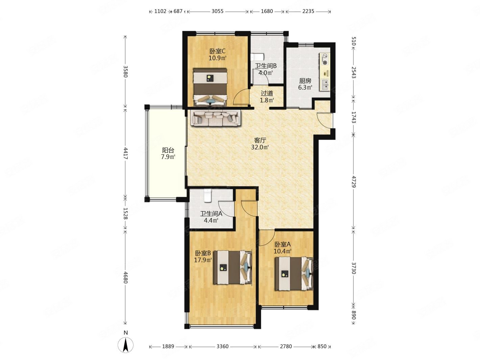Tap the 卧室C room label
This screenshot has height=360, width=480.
pos(217,51)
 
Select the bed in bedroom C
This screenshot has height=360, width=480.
pos(210,87)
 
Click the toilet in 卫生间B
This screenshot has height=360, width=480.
pos(257,57)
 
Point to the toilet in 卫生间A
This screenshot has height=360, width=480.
pos(208,195)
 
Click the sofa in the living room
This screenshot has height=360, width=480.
pos(215,118)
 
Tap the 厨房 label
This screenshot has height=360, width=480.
pos(305,81)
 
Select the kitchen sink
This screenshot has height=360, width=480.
pos(325,85)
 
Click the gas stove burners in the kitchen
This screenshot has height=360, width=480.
pos(325,59)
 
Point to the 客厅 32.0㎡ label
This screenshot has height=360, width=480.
pos(260,143)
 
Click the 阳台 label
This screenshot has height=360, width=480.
pos(168,150)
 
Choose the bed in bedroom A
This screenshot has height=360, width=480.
pos(294,273)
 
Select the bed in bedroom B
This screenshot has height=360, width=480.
pos(233,267)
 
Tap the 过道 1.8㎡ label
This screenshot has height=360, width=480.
pos(267,97)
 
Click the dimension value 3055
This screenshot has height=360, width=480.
pos(217,11)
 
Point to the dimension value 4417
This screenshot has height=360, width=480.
pos(125,153)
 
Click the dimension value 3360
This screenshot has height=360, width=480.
pos(222,346)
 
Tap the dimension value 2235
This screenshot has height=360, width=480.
pos(308,11)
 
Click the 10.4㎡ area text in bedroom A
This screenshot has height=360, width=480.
pos(283,251)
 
